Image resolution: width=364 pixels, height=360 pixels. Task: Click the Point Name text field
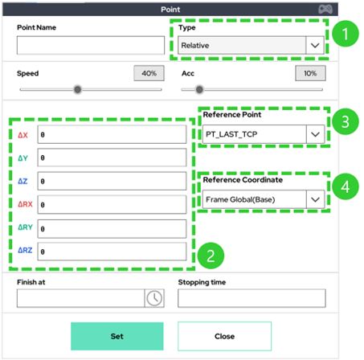(x=91, y=45)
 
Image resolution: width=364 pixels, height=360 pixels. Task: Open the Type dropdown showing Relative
(x=251, y=45)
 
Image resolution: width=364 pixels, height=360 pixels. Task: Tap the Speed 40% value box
(x=149, y=73)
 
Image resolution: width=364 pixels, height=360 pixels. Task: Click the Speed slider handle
(x=78, y=89)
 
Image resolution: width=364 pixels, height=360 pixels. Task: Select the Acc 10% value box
(x=310, y=73)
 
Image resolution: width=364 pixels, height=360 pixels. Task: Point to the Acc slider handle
(x=199, y=89)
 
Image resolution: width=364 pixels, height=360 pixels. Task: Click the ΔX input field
(x=112, y=134)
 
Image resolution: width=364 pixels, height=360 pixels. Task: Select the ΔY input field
(x=112, y=157)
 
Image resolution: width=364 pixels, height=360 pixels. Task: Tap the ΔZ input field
(x=112, y=181)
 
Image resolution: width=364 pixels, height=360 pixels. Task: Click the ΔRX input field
(x=112, y=205)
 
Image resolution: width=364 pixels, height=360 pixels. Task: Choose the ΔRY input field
(x=112, y=229)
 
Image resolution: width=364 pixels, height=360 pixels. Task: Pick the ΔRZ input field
(x=112, y=252)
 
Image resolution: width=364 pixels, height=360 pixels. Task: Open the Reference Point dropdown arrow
(x=315, y=134)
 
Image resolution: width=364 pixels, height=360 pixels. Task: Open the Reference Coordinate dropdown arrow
(x=315, y=199)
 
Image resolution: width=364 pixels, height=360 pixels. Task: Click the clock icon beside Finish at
(x=154, y=298)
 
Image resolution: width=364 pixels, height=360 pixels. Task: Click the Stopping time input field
(x=252, y=298)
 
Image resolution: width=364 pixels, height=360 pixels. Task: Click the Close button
(x=224, y=336)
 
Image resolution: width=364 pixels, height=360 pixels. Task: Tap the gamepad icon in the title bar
(x=325, y=10)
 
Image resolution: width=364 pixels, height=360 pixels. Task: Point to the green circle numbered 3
(x=346, y=121)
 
